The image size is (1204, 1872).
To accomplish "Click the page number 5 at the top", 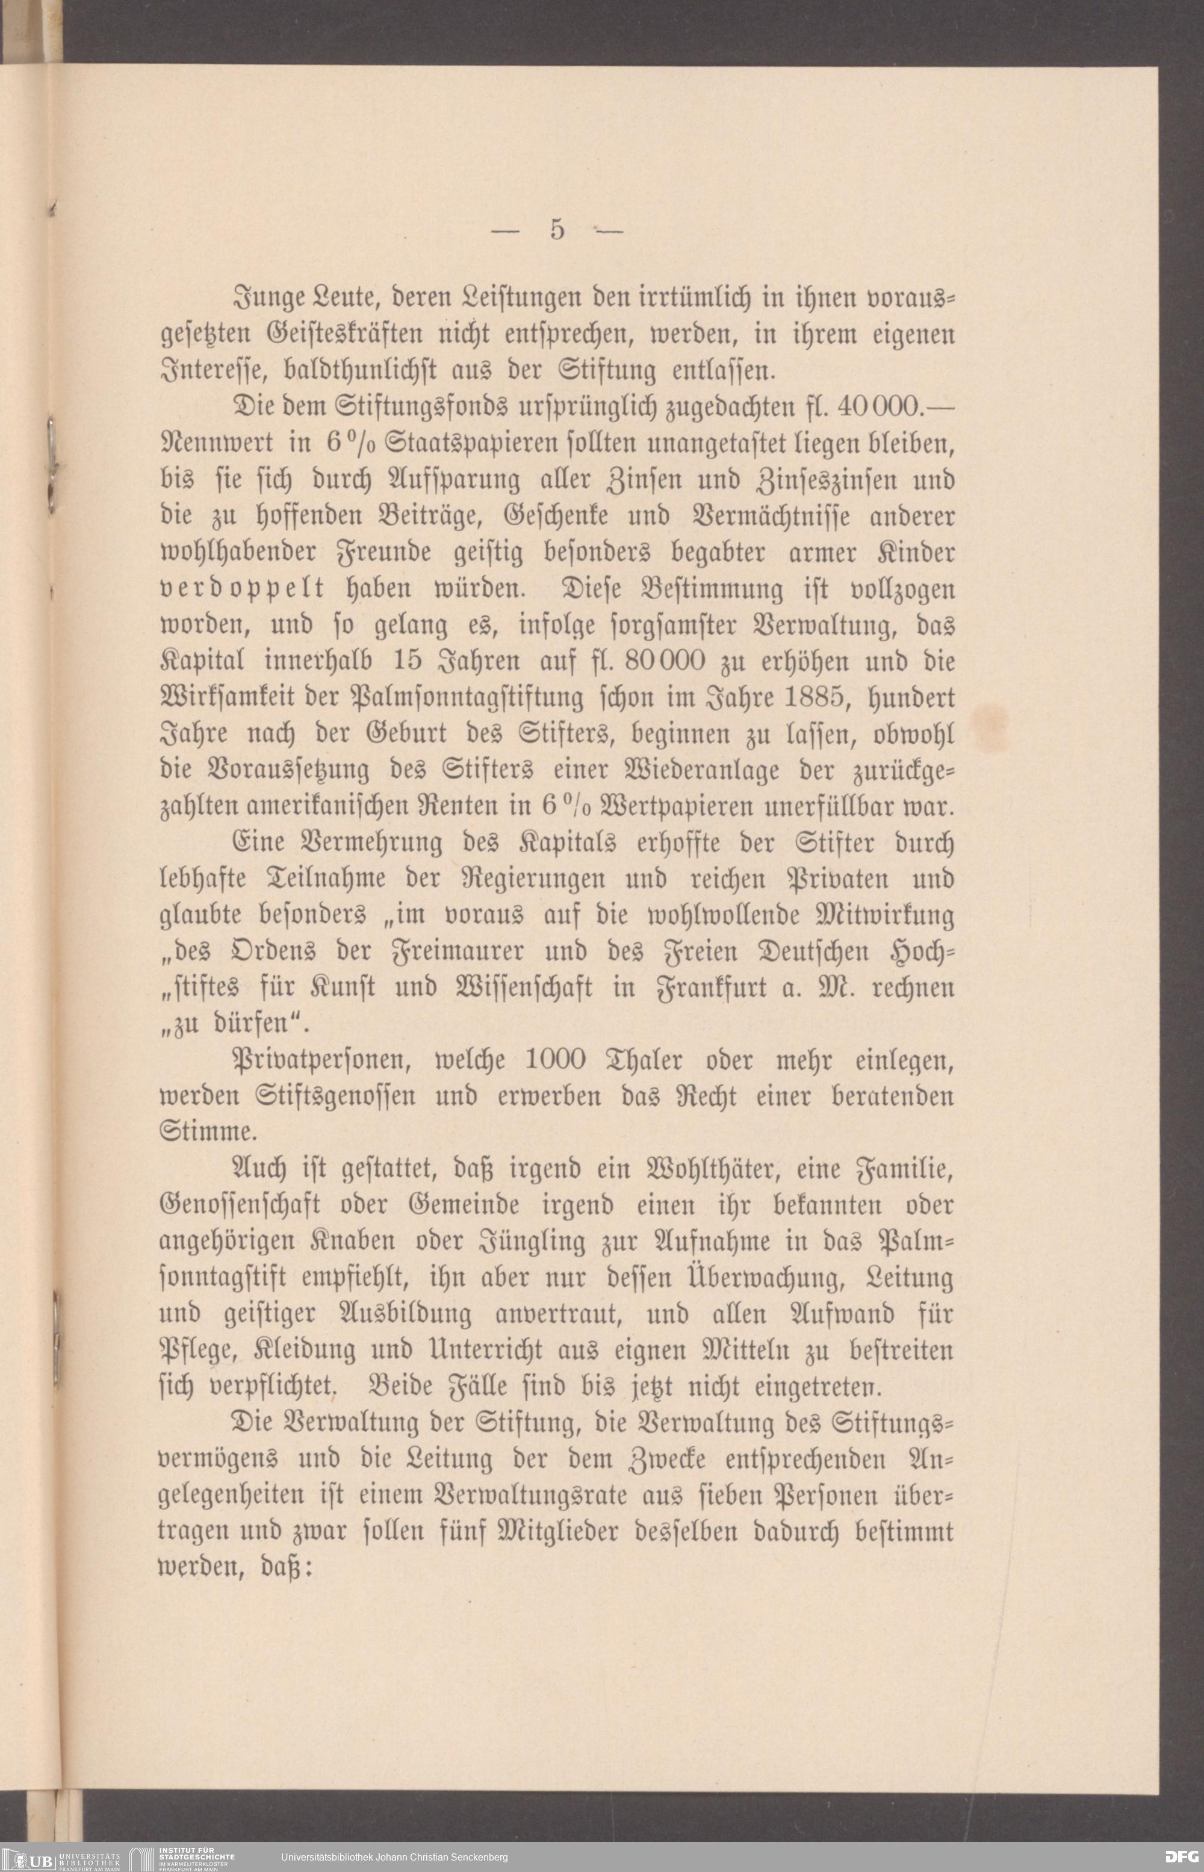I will click(x=557, y=230).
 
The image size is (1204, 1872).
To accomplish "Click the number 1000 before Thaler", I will click(x=555, y=1060).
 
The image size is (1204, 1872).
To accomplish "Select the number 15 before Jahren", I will click(x=408, y=661).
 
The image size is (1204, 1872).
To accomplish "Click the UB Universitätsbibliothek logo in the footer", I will click(x=63, y=1857).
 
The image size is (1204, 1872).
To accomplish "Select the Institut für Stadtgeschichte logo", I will click(x=184, y=1857).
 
